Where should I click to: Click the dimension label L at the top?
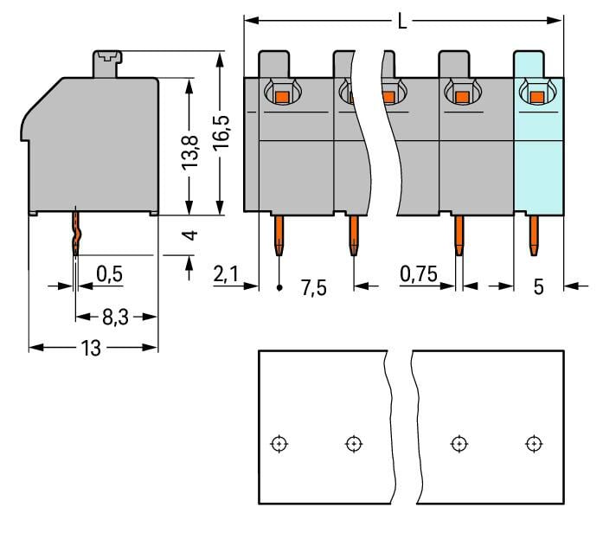click(x=402, y=22)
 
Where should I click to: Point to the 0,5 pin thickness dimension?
click(x=109, y=274)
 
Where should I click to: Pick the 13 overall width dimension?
click(x=91, y=348)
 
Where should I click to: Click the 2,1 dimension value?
click(x=225, y=274)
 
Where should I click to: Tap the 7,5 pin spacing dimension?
click(x=313, y=287)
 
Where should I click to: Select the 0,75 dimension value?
click(x=419, y=274)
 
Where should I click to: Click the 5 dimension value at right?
click(x=538, y=287)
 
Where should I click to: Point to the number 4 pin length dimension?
click(x=192, y=235)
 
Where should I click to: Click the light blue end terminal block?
click(x=539, y=164)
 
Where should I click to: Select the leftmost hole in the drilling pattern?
click(x=279, y=444)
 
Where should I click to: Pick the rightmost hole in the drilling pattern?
click(x=534, y=444)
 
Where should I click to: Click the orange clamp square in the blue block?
click(x=536, y=97)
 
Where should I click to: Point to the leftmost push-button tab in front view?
click(x=274, y=63)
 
